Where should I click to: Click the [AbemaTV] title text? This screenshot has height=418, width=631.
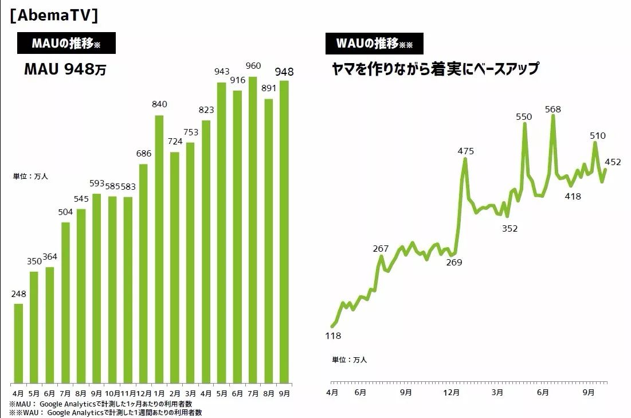tap(54, 15)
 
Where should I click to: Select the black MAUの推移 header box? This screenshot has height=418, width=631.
tap(66, 43)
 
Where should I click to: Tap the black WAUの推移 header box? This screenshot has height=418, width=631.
tap(374, 43)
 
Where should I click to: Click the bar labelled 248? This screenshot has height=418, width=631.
tap(18, 343)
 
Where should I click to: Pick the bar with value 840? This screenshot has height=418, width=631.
tap(159, 249)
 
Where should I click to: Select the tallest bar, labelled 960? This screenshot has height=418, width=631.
tap(253, 229)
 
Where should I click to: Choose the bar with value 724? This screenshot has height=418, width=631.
tap(175, 267)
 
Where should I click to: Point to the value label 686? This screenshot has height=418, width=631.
tap(143, 153)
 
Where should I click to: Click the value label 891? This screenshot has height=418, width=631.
tap(268, 88)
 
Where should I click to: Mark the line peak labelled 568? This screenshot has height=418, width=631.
tap(553, 116)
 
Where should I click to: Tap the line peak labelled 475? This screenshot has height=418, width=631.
tap(465, 159)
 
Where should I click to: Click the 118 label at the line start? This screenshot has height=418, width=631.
tap(332, 336)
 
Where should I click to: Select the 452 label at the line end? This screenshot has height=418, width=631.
tap(613, 162)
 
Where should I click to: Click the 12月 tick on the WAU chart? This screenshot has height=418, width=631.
tap(452, 393)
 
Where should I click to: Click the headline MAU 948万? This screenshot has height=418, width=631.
tap(65, 70)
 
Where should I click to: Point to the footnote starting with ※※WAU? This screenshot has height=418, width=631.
tap(106, 412)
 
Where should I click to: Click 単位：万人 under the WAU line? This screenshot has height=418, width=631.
tap(349, 360)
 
